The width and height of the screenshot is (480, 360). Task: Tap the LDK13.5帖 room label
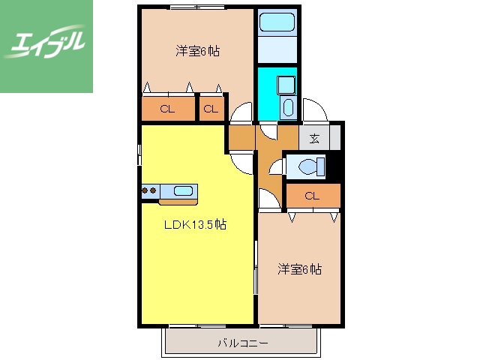coord(196,224)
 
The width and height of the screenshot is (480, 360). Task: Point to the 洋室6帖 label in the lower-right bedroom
coord(300,268)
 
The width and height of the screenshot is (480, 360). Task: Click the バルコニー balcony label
coord(242,343)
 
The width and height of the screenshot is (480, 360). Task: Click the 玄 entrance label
coord(314,138)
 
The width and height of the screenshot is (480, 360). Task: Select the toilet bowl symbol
coord(308,166)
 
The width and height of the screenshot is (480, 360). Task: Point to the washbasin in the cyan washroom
coord(289,106)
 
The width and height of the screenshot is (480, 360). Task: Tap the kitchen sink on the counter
coord(184,190)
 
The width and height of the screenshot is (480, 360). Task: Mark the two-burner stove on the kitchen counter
coord(148,191)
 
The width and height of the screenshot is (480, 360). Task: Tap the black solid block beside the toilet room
coord(335,165)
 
